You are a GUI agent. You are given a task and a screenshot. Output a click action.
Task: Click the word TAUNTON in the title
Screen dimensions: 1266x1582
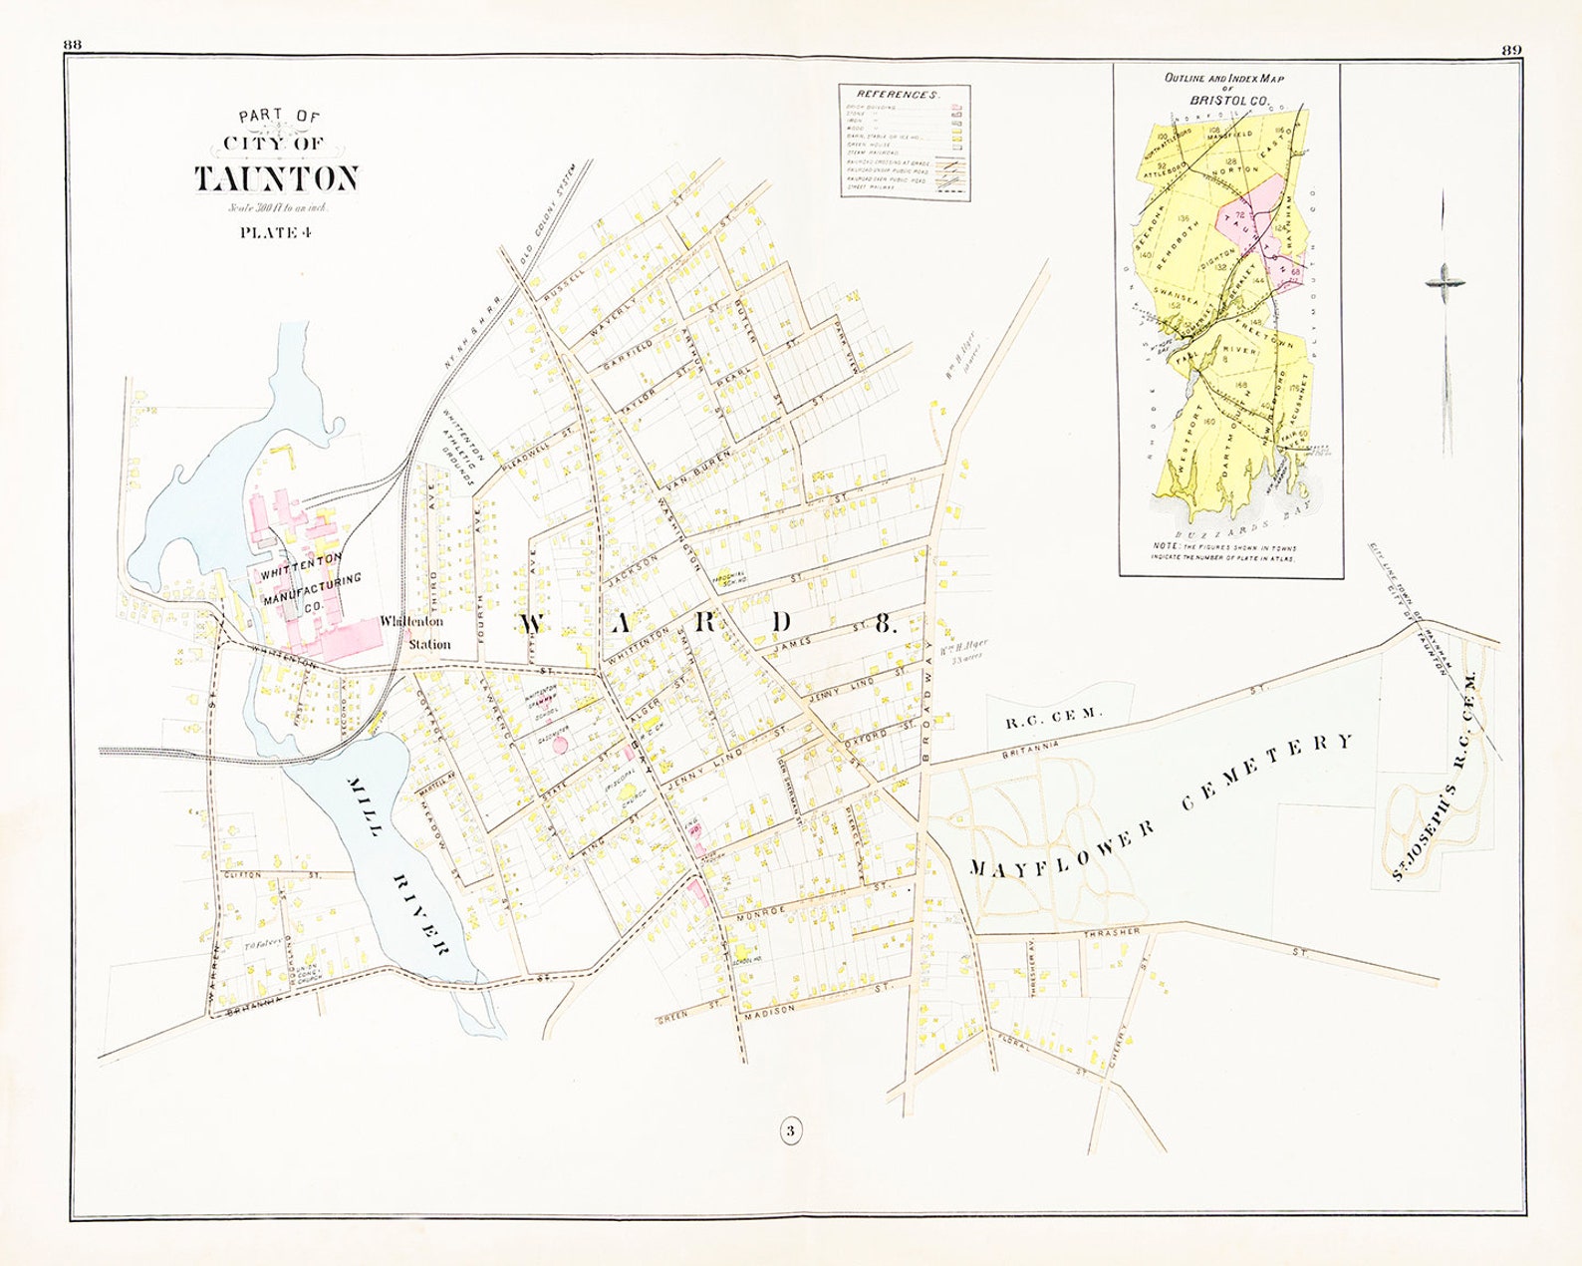(x=275, y=178)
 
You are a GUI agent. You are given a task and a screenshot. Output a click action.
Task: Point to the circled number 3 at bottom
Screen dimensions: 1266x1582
(x=789, y=1131)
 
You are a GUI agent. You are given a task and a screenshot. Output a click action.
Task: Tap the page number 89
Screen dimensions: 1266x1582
(x=1508, y=50)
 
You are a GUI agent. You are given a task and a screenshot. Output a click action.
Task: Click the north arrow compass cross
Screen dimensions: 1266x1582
(x=1445, y=283)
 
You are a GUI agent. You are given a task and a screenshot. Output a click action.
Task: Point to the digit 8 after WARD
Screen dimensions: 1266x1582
(x=883, y=625)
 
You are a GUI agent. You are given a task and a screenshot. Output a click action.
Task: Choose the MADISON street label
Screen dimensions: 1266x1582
(x=772, y=1010)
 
